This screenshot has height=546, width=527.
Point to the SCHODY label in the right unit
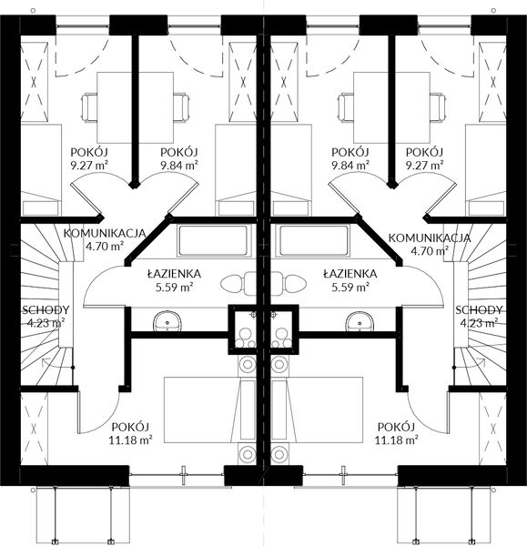click(479, 309)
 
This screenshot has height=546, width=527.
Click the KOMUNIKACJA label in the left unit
click(106, 234)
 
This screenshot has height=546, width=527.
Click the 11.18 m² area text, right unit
click(394, 440)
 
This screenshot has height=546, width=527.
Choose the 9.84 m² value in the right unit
click(350, 166)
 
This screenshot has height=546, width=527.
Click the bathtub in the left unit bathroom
click(213, 241)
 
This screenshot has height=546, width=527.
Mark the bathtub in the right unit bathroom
click(313, 241)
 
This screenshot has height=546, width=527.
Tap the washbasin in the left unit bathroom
click(167, 321)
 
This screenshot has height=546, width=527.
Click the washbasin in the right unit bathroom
click(358, 321)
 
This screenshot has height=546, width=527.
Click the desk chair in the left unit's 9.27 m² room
click(93, 108)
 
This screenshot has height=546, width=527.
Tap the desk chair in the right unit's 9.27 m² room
click(434, 108)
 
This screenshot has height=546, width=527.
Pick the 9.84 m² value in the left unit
click(178, 166)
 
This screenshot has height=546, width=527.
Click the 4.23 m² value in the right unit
click(479, 322)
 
